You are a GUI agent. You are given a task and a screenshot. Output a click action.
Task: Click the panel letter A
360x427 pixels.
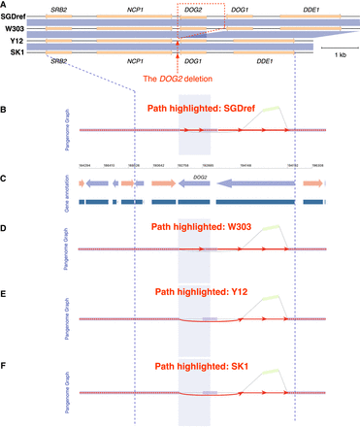click(x=4, y=4)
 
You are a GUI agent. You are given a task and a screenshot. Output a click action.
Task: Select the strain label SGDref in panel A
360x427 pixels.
click(x=15, y=16)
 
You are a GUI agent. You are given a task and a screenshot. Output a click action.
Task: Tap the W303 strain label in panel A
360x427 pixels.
click(x=13, y=28)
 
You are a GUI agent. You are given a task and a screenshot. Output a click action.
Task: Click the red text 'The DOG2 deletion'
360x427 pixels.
click(x=178, y=78)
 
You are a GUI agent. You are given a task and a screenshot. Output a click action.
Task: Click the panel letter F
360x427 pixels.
click(x=4, y=367)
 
